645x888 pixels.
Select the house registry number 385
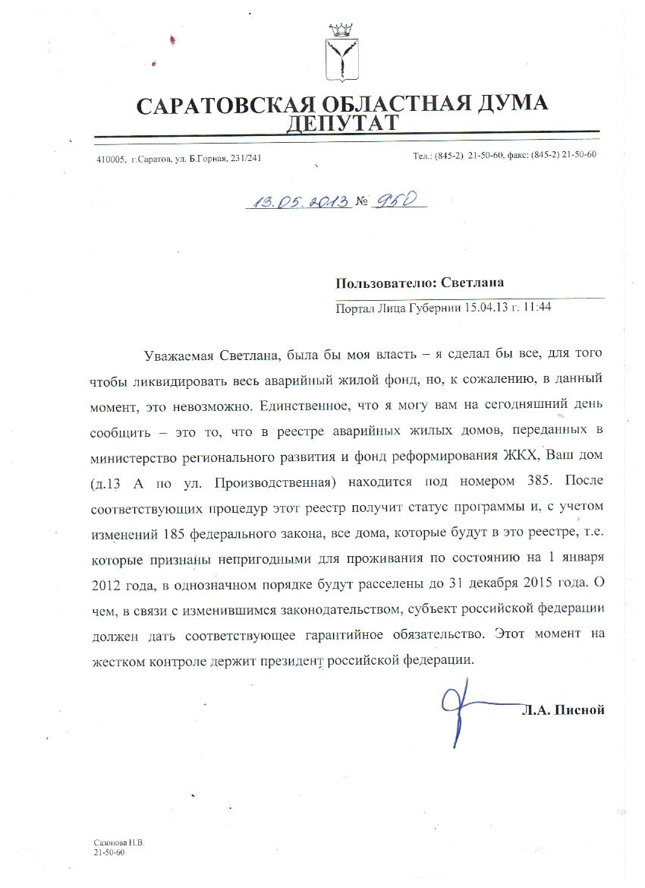533,483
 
